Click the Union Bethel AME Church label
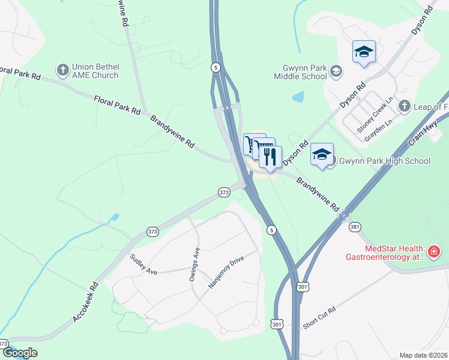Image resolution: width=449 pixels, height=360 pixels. (95, 71)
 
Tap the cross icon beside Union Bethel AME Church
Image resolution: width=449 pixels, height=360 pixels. (62, 71)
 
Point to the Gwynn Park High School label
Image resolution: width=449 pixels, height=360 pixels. (385, 161)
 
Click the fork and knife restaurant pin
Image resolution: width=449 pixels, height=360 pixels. (270, 157)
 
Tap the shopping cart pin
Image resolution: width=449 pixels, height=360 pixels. (252, 144)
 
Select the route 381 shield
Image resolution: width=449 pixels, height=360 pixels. (354, 227)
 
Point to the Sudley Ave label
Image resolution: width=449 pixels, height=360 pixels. (143, 265)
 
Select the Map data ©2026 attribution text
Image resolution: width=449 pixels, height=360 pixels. (424, 355)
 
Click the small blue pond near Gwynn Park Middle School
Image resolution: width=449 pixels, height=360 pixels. (298, 96)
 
